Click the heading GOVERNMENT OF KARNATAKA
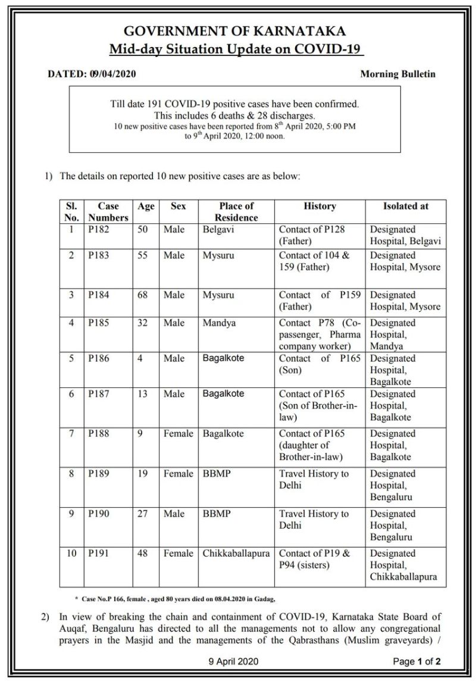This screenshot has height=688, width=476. pos(234,32)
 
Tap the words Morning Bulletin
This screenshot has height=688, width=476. pos(397,74)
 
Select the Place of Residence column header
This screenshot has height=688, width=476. pos(236,212)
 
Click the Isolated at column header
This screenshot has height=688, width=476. pos(406,206)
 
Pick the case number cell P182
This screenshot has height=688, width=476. pos(100,230)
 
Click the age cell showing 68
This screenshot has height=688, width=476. pos(143,295)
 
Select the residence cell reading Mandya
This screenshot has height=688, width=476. pos(219,323)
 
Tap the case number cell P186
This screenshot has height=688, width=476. pos(100,359)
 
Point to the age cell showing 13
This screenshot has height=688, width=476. pos(143,394)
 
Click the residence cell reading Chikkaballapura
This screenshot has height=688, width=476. pos(236,553)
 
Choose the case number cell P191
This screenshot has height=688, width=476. pos(100,553)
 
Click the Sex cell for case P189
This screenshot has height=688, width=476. pos(178,474)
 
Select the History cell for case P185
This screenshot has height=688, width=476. pos(320,334)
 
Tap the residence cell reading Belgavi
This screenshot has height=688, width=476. pos(218,230)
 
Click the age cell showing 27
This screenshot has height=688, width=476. pos(143,514)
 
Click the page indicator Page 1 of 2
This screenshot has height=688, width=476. pos(416,661)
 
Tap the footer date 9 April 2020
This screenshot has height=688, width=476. pos(233,661)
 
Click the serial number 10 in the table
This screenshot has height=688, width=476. pos(71,553)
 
